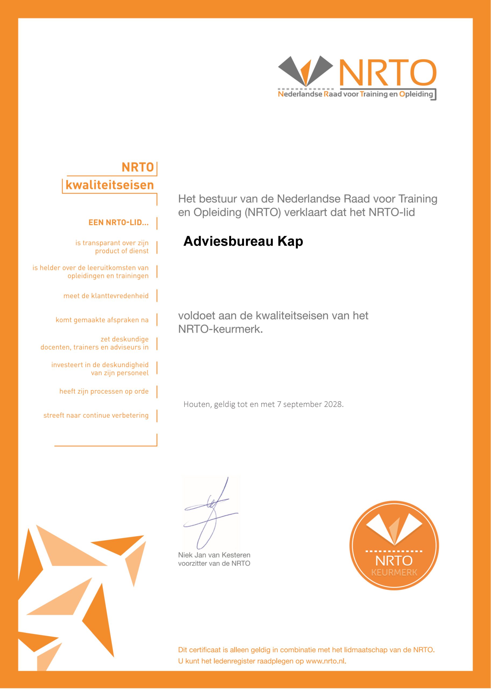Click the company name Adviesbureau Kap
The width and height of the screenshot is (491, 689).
click(x=243, y=241)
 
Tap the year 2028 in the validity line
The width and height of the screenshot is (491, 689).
click(x=333, y=405)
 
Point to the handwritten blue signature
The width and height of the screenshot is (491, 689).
click(x=210, y=514)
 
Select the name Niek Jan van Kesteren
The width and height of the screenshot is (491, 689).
click(x=214, y=555)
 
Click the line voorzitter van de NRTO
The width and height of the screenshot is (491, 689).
click(x=214, y=564)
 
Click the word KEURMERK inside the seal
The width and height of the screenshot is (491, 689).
click(x=394, y=572)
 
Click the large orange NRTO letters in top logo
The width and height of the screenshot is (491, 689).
click(x=388, y=73)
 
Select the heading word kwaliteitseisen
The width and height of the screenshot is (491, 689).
click(x=110, y=185)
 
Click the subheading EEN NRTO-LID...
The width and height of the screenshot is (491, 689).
click(x=119, y=223)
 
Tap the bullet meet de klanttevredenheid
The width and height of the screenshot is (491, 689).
click(x=106, y=296)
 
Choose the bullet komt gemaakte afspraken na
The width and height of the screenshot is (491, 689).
click(x=102, y=320)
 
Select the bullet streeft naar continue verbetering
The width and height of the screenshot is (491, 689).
click(x=96, y=416)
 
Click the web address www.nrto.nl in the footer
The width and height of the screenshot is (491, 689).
click(x=326, y=661)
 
